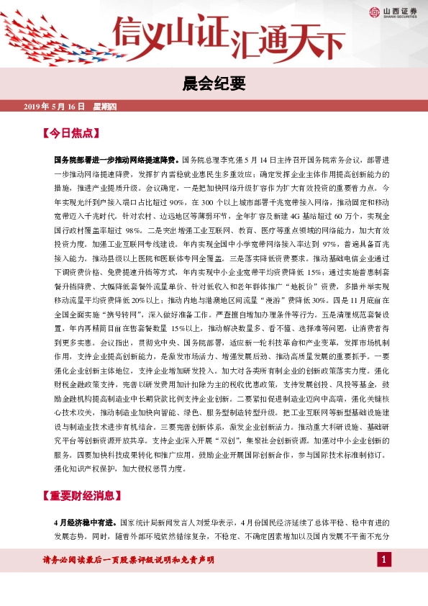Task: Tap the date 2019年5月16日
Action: click(55, 107)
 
